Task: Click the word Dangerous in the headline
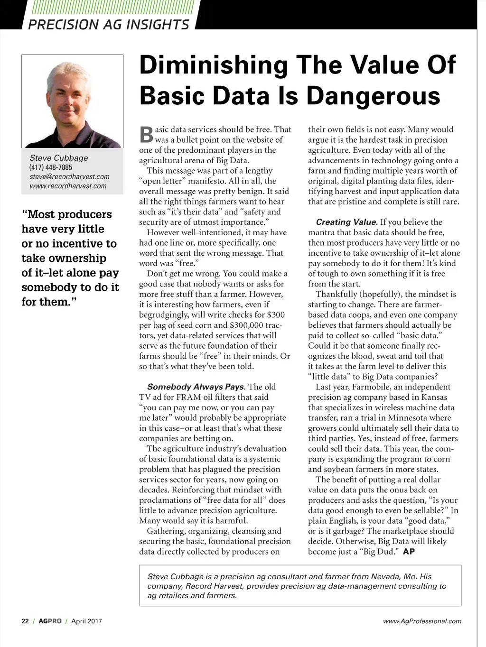coord(374,95)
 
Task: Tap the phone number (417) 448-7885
coord(51,167)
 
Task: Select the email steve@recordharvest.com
coord(69,176)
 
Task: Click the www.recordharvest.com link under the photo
coord(68,186)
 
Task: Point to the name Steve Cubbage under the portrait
coord(59,157)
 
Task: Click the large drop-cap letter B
coord(146,135)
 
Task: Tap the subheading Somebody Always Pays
coord(196,387)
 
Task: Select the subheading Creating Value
coord(346,222)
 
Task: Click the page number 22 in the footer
coord(25,621)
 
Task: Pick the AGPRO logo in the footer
coord(50,621)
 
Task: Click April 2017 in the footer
coord(86,621)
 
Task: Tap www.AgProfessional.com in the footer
coord(422,621)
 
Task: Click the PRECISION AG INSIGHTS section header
coord(109,24)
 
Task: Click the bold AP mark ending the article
coord(409,552)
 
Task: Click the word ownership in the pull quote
coord(64,259)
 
